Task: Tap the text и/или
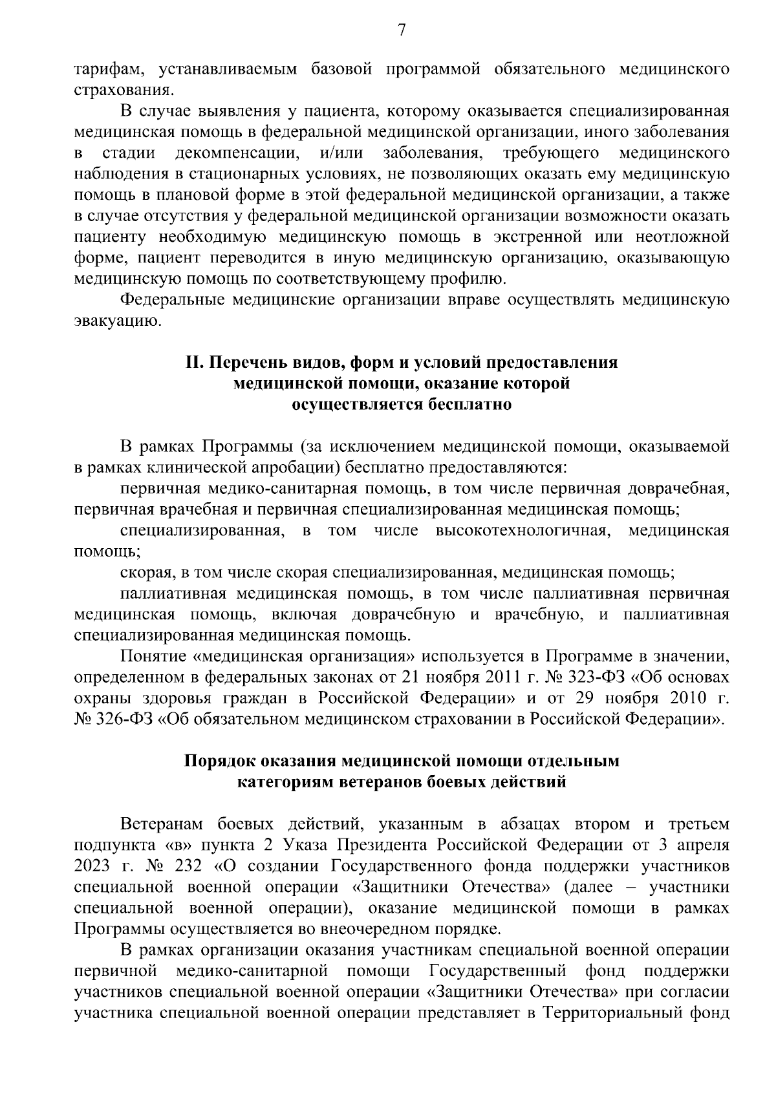[341, 154]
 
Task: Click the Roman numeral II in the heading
[195, 363]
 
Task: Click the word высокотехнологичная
[523, 531]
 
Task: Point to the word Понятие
[153, 657]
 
